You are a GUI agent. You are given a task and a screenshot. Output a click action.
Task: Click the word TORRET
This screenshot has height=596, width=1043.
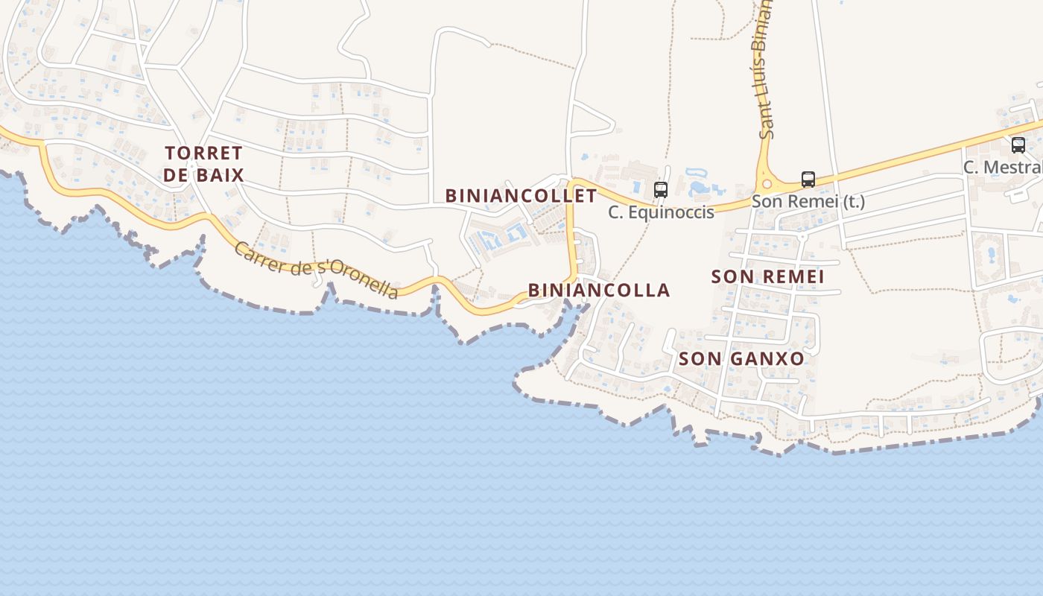point(203,153)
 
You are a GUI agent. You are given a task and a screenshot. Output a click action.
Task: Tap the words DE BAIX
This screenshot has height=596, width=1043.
point(203,176)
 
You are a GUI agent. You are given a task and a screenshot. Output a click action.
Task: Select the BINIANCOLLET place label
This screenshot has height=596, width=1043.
point(521,196)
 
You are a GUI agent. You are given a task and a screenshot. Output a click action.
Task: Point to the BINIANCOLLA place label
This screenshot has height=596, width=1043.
point(599,290)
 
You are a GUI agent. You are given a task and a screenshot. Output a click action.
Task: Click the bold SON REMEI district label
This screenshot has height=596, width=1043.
point(767,276)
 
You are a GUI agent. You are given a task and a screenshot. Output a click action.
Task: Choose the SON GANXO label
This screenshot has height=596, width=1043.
point(741,358)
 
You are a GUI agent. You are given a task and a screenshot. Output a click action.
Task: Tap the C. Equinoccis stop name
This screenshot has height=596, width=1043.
point(661,212)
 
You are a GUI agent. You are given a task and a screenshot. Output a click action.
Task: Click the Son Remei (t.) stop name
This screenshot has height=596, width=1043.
point(808,201)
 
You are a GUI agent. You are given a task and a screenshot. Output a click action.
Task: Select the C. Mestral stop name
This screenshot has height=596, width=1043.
point(1003,167)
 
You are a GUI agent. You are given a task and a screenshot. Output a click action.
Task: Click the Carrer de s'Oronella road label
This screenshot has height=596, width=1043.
point(316,270)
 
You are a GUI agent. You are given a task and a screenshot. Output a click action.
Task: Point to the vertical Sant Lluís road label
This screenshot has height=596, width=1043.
point(766,71)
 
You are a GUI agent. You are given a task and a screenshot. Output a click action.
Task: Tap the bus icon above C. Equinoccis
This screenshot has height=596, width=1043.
point(661,189)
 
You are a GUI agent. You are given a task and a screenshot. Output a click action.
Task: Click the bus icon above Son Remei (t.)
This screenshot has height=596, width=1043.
point(808,179)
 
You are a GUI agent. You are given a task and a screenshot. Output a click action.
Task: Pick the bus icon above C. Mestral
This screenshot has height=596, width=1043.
point(1018,145)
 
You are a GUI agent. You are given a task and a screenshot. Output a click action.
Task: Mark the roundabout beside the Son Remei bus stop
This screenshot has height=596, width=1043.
point(766,183)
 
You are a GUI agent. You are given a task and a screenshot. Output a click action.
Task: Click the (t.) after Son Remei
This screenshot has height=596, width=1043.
point(852,201)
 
